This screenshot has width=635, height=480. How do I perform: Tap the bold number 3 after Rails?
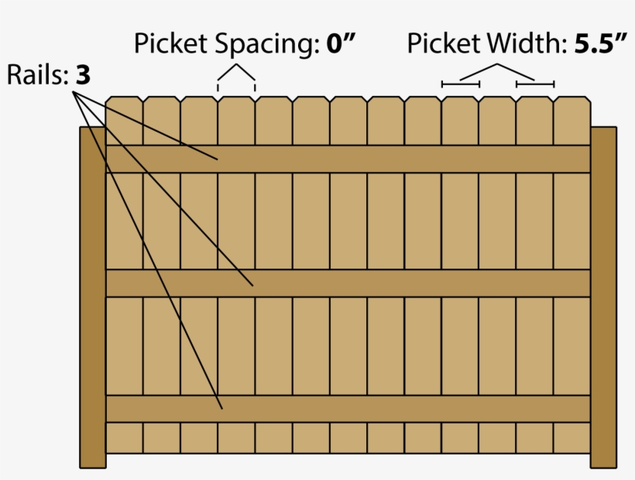pos(84,76)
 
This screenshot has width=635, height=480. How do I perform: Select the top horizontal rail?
pos(348,159)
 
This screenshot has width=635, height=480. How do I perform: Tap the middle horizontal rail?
pos(348,283)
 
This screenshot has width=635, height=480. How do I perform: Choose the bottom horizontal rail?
pos(348,409)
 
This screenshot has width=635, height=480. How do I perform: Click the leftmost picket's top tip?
pos(124,98)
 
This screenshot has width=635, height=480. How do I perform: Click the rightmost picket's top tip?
pos(572,98)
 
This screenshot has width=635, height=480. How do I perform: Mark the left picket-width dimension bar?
pos(461,83)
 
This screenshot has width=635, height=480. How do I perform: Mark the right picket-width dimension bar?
pos(535,83)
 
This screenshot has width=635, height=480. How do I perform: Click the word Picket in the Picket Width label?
pos(444,43)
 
